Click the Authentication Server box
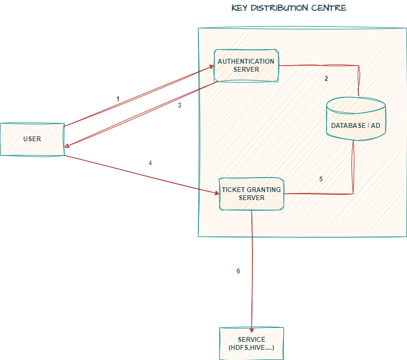pyautogui.click(x=246, y=66)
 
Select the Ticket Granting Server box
pyautogui.click(x=251, y=194)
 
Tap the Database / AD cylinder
pyautogui.click(x=356, y=120)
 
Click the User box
pyautogui.click(x=32, y=140)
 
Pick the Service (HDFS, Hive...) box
pyautogui.click(x=251, y=343)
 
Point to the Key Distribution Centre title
pyautogui.click(x=289, y=8)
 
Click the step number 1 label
pyautogui.click(x=118, y=99)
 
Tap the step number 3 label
pyautogui.click(x=180, y=105)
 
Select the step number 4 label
pyautogui.click(x=150, y=163)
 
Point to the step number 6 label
pyautogui.click(x=239, y=271)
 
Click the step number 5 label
pyautogui.click(x=321, y=180)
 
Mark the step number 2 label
pyautogui.click(x=326, y=79)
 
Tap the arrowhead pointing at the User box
pyautogui.click(x=67, y=143)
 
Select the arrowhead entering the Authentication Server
pyautogui.click(x=211, y=69)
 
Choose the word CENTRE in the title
pyautogui.click(x=331, y=8)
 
